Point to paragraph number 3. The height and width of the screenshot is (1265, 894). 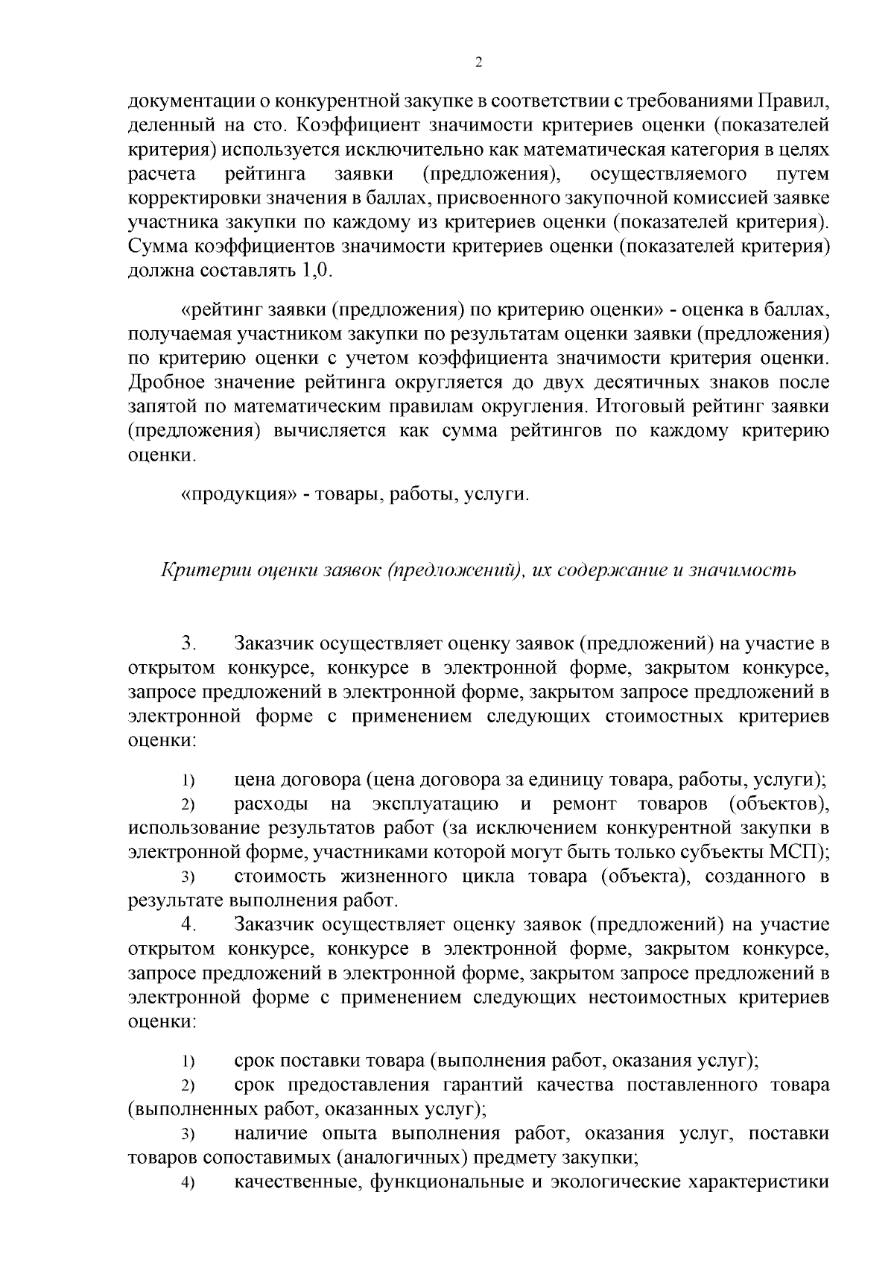point(188,643)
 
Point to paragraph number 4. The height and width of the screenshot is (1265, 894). point(188,925)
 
